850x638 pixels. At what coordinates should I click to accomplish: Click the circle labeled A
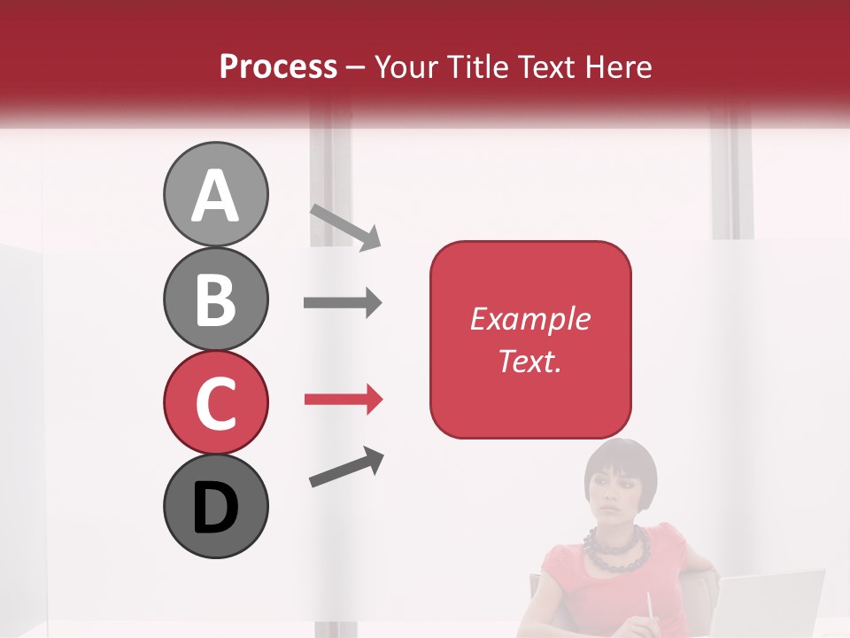click(x=215, y=195)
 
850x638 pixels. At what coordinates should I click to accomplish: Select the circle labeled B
click(x=215, y=300)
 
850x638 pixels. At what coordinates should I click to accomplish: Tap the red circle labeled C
click(x=215, y=403)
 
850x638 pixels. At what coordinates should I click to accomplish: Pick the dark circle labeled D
click(x=215, y=507)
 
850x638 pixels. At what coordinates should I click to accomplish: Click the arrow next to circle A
click(x=345, y=227)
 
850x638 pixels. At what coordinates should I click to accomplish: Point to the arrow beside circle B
click(x=343, y=303)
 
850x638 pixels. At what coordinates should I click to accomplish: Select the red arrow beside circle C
click(x=343, y=400)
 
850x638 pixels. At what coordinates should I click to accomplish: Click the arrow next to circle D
click(x=346, y=468)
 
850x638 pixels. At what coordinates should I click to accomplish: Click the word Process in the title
click(x=278, y=67)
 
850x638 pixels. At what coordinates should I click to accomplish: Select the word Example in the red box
click(x=529, y=319)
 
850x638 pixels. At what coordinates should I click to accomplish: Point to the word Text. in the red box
click(x=529, y=361)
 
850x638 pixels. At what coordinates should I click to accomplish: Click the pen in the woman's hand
click(x=649, y=607)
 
